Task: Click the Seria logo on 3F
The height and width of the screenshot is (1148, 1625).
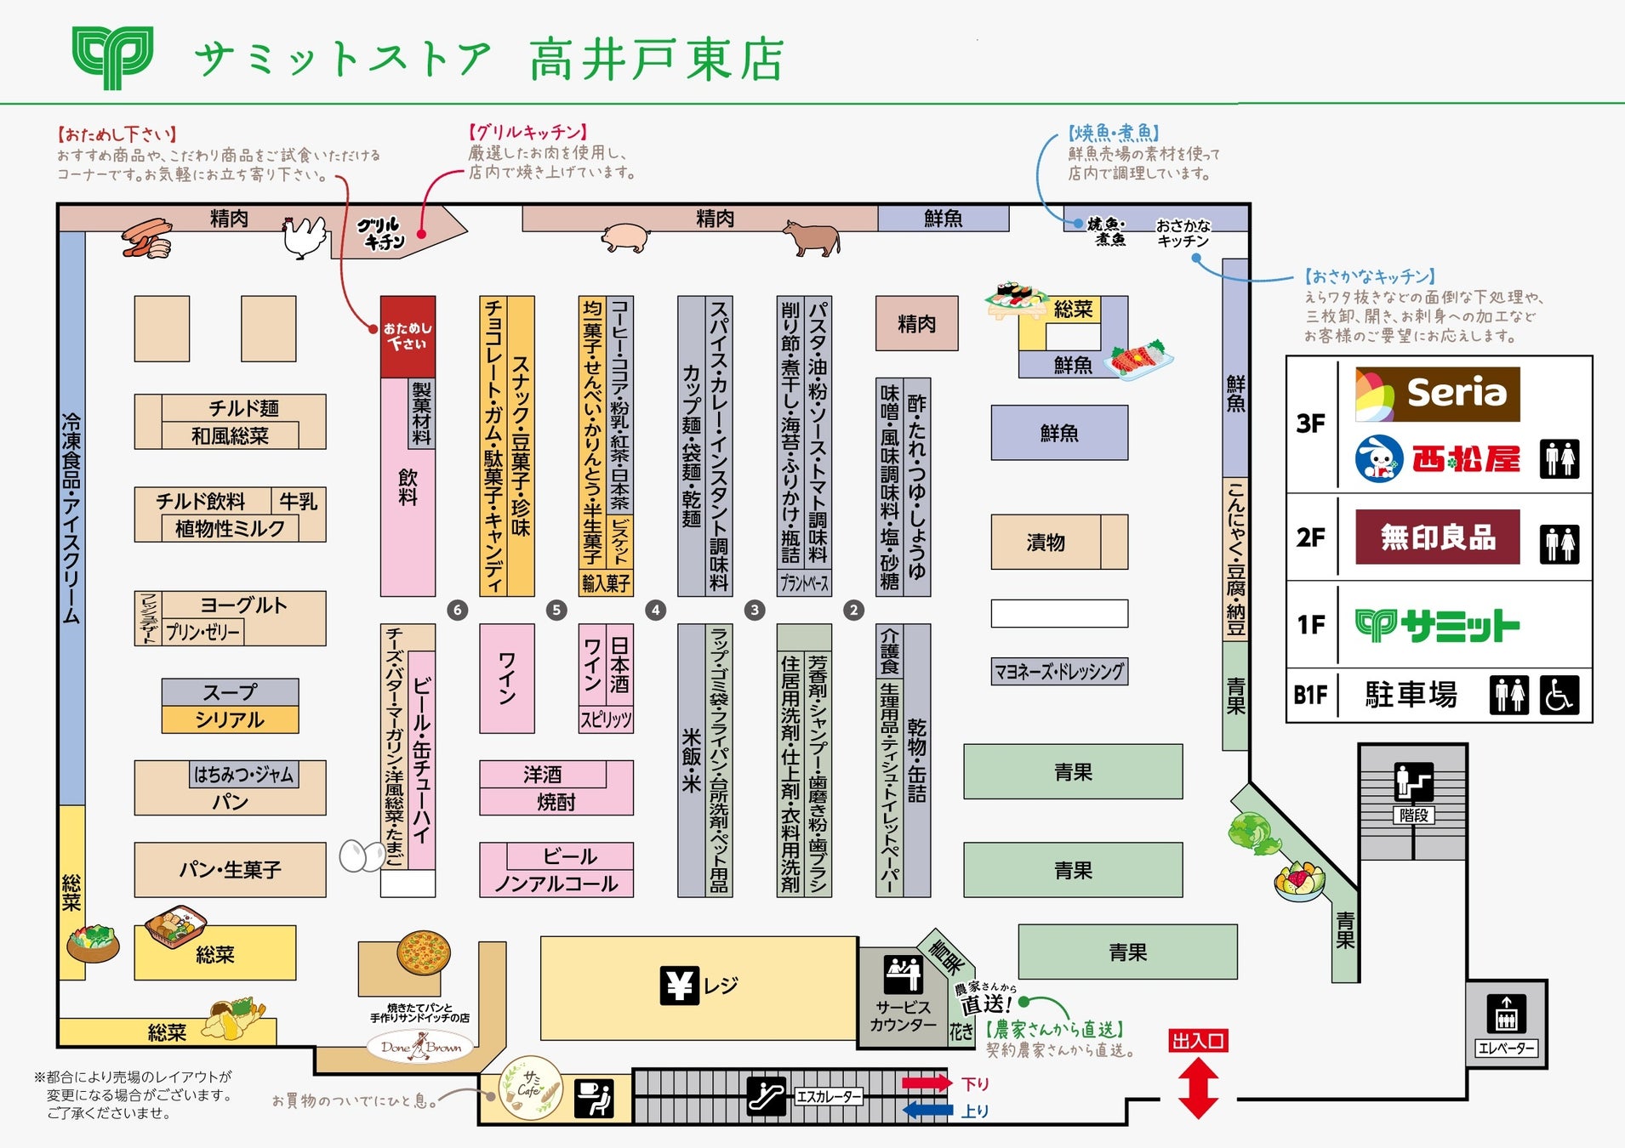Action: (1437, 394)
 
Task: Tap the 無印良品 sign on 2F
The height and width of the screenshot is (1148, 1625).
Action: (1437, 537)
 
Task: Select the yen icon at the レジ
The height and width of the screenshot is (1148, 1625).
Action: (679, 986)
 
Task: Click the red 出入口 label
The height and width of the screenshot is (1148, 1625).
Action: (1198, 1041)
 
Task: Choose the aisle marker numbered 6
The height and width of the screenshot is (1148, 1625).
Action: (458, 610)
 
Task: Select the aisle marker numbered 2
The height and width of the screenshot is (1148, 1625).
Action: (853, 610)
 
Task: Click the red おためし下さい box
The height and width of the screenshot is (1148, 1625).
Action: (408, 336)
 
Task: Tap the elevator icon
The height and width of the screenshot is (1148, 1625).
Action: (1506, 1013)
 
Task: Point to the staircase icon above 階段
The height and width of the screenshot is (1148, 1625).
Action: (1413, 781)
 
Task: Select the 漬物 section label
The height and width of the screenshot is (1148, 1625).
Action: (1046, 542)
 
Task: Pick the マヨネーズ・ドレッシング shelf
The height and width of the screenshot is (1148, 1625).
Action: (1059, 672)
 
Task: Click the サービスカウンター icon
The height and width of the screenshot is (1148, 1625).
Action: (903, 974)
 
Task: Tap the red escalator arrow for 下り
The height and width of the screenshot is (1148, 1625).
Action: (927, 1083)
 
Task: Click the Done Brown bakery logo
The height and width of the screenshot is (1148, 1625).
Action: (421, 1047)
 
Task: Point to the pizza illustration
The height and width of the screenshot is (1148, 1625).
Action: (423, 952)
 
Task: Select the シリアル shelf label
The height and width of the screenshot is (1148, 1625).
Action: (230, 719)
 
